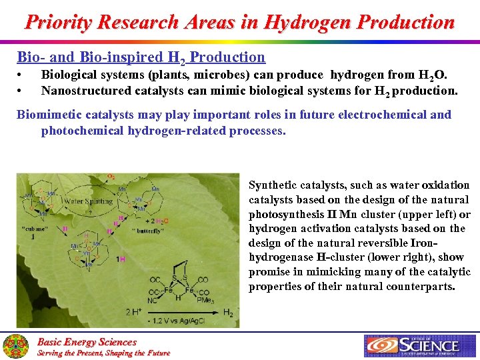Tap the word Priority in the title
59,23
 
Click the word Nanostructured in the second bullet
86,90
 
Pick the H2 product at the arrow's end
228,313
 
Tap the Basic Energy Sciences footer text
86,342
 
